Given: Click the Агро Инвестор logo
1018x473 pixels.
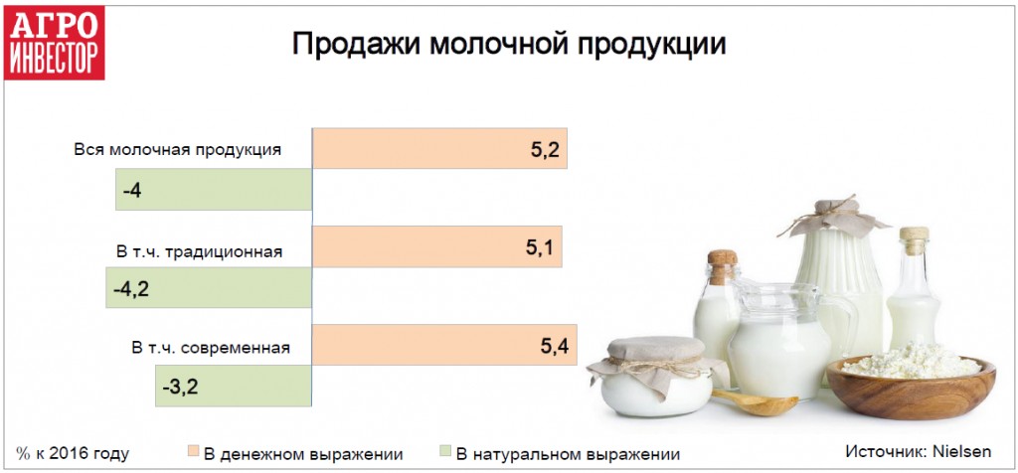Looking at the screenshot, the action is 54,43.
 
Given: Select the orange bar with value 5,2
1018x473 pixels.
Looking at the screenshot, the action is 440,149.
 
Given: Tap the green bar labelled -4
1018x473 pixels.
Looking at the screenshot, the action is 214,190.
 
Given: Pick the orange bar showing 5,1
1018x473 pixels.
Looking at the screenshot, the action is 437,246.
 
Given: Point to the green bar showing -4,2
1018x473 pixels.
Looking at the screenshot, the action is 209,287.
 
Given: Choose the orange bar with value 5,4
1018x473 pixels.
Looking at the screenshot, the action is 444,345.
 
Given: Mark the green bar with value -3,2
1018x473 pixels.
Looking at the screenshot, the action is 234,386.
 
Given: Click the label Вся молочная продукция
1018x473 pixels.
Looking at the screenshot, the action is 177,149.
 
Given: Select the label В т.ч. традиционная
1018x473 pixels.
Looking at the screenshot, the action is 199,251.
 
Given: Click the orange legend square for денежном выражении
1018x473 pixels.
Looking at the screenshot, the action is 193,451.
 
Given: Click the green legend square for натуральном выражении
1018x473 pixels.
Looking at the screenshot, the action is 444,451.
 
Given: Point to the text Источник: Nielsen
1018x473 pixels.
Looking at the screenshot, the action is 918,451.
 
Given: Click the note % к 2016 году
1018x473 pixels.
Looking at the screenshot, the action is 73,453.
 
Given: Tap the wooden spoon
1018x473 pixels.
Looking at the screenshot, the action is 757,402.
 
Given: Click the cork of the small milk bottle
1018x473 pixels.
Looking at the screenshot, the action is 723,264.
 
